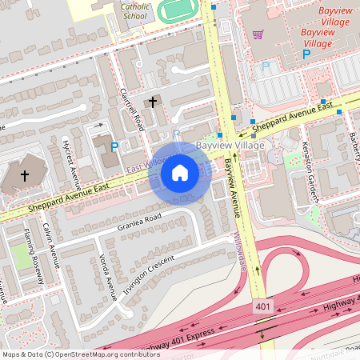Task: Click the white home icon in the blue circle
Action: tap(180, 172)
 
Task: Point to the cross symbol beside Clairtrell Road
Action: tap(153, 102)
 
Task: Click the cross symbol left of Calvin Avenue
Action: tap(24, 175)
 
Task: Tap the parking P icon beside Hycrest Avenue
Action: tap(114, 146)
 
